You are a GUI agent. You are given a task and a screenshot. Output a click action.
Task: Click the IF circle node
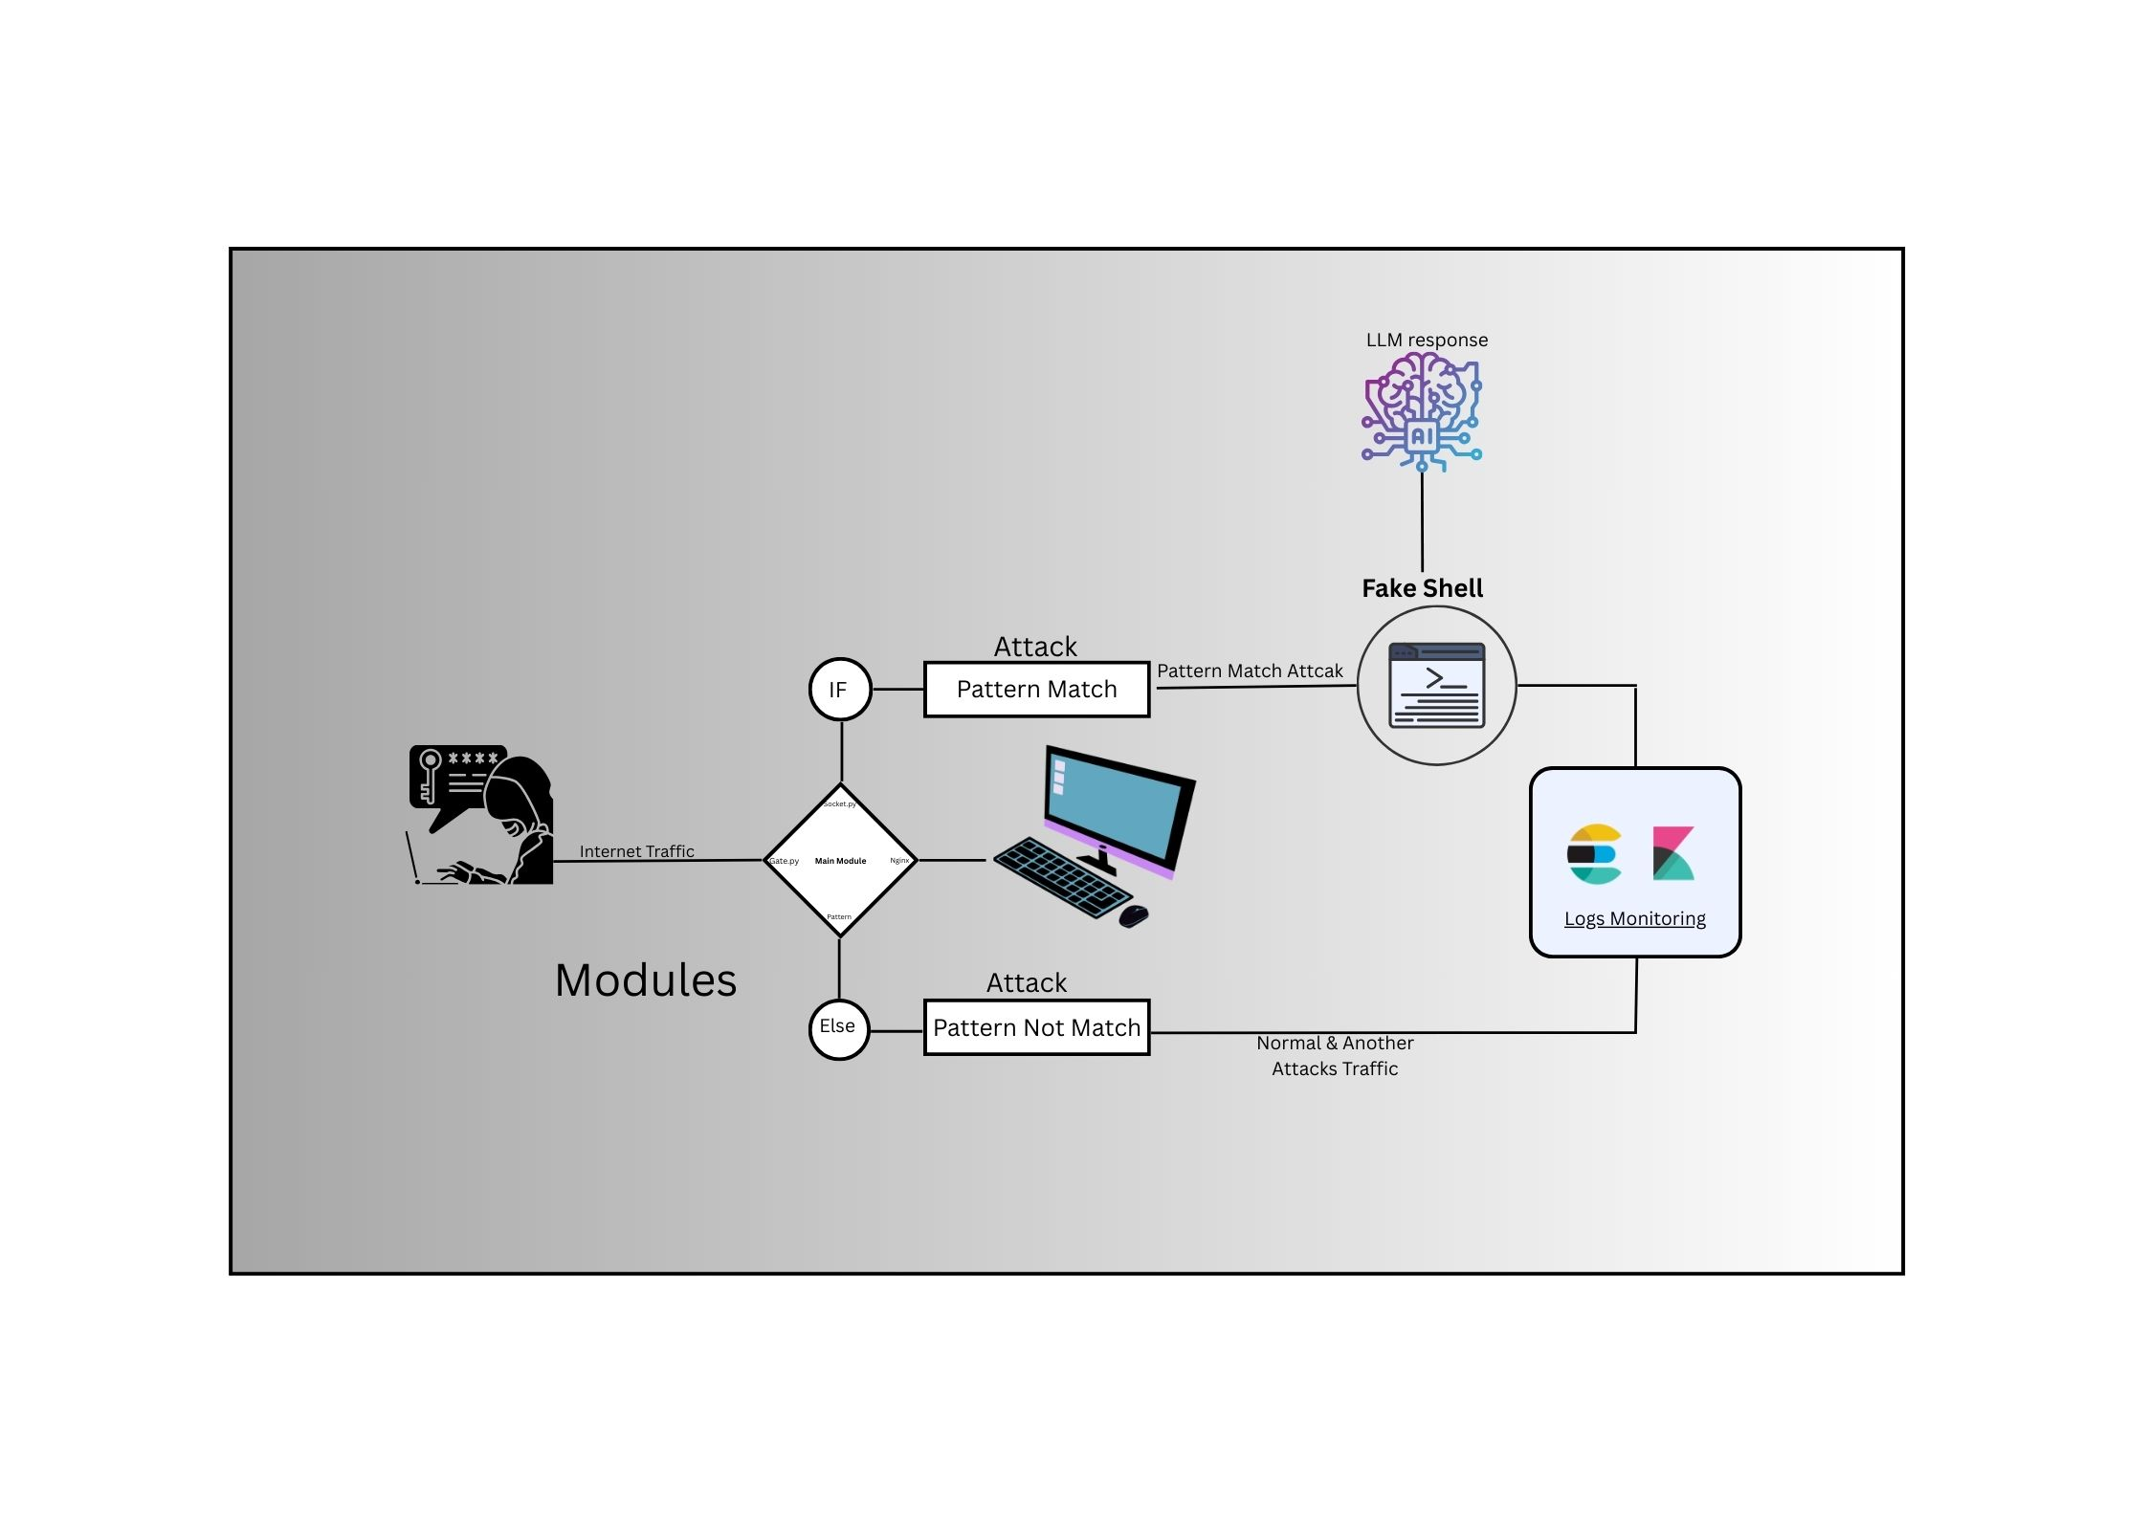[x=839, y=689]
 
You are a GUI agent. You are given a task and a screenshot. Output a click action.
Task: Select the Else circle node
[x=838, y=1028]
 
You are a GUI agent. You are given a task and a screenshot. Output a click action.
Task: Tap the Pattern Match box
[x=1036, y=690]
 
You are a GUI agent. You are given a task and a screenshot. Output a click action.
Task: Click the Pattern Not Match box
[x=1036, y=1028]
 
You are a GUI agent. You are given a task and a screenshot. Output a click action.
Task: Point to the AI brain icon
[x=1422, y=411]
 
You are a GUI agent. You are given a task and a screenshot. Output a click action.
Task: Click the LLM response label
[x=1426, y=341]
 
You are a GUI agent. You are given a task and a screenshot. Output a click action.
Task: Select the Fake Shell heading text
[x=1422, y=588]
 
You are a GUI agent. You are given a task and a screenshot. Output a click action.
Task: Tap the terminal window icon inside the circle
[x=1436, y=685]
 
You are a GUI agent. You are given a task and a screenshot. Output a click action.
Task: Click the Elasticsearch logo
[x=1593, y=853]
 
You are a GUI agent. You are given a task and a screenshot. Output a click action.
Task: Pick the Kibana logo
[x=1672, y=853]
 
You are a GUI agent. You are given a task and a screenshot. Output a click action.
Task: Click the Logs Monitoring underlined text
[x=1634, y=919]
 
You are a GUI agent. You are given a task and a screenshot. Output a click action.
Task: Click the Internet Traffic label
[x=636, y=851]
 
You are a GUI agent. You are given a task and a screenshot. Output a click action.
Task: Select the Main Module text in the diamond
[x=840, y=861]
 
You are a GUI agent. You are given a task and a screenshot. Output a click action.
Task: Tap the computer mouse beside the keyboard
[x=1133, y=915]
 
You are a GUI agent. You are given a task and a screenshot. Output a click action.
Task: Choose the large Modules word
[x=646, y=980]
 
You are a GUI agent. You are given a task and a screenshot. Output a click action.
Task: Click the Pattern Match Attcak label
[x=1250, y=671]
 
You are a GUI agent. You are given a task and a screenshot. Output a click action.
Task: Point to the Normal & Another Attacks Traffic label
[x=1335, y=1056]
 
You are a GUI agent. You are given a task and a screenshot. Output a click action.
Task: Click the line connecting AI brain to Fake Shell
[x=1422, y=521]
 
